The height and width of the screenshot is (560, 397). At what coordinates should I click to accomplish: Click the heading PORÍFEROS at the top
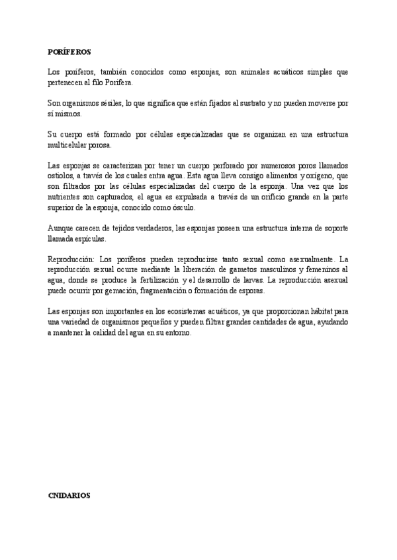point(69,51)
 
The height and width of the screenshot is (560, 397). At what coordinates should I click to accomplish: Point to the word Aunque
point(61,227)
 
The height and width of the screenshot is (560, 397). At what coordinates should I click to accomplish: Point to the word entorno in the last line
point(176,333)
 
